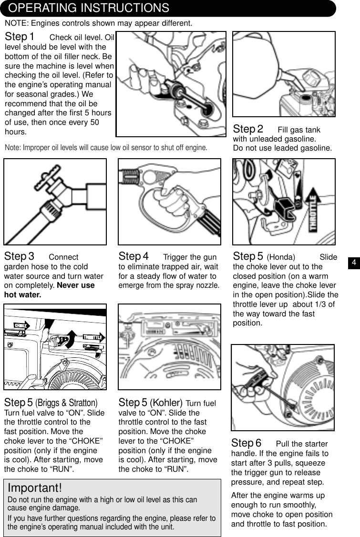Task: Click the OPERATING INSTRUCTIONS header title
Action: tap(89, 8)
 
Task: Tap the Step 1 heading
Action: tap(20, 37)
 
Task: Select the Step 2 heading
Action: tap(248, 129)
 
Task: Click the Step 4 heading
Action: tap(134, 257)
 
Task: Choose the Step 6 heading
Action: tap(247, 444)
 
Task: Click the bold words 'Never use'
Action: tap(76, 285)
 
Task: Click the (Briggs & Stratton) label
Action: tap(66, 403)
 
